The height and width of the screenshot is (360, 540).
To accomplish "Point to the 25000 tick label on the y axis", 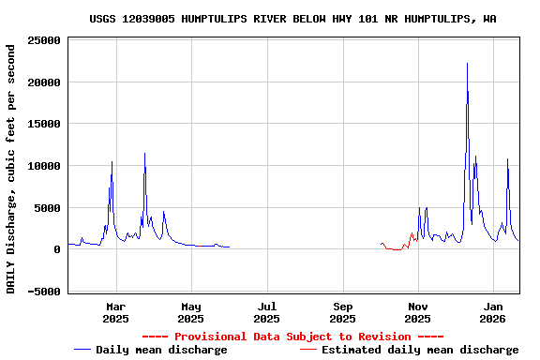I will tap(44, 40).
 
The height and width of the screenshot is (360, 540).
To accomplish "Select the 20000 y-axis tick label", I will tap(44, 82).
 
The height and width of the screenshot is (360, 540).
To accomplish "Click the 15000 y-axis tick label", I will tap(44, 124).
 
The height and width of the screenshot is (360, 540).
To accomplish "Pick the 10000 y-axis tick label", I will tap(44, 166).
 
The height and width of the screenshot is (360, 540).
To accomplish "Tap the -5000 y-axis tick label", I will tap(44, 292).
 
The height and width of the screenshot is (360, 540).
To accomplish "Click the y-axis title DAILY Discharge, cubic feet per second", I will tap(11, 166).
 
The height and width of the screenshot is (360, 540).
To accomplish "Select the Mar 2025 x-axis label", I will tap(115, 312).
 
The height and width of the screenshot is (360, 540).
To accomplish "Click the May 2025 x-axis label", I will tap(191, 312).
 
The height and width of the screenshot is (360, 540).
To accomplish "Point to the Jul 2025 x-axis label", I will tap(267, 312).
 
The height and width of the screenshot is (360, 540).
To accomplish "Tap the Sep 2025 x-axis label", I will tap(343, 312).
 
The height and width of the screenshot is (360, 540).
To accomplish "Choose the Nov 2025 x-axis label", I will tap(418, 312).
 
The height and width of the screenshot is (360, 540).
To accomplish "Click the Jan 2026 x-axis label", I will tap(494, 312).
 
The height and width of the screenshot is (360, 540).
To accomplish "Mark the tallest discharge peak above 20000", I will tap(467, 65).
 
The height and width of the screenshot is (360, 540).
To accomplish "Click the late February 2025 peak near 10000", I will tap(112, 163).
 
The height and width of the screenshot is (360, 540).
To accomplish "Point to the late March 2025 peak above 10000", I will tap(144, 155).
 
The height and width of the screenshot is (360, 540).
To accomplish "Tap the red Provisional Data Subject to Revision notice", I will tap(292, 337).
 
